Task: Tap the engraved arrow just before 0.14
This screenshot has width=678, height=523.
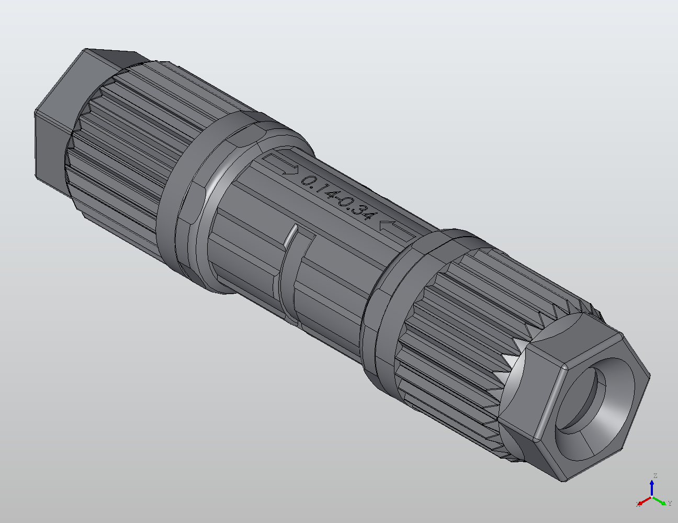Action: click(283, 164)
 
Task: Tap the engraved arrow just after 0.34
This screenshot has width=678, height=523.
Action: click(393, 228)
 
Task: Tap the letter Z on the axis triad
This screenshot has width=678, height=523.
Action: click(654, 476)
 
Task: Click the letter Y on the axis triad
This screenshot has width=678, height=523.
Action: click(670, 504)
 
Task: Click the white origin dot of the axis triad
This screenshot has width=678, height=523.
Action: click(652, 497)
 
